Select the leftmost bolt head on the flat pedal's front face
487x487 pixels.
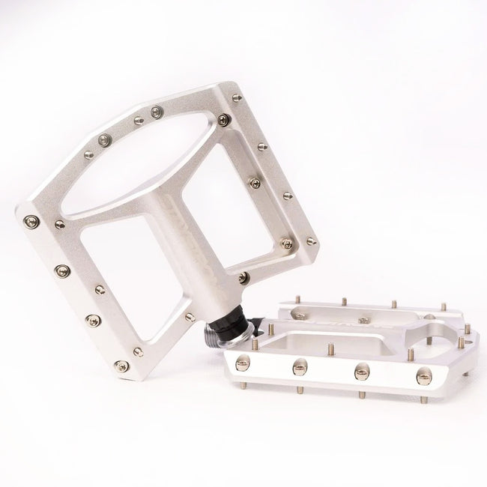(x=242, y=364)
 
